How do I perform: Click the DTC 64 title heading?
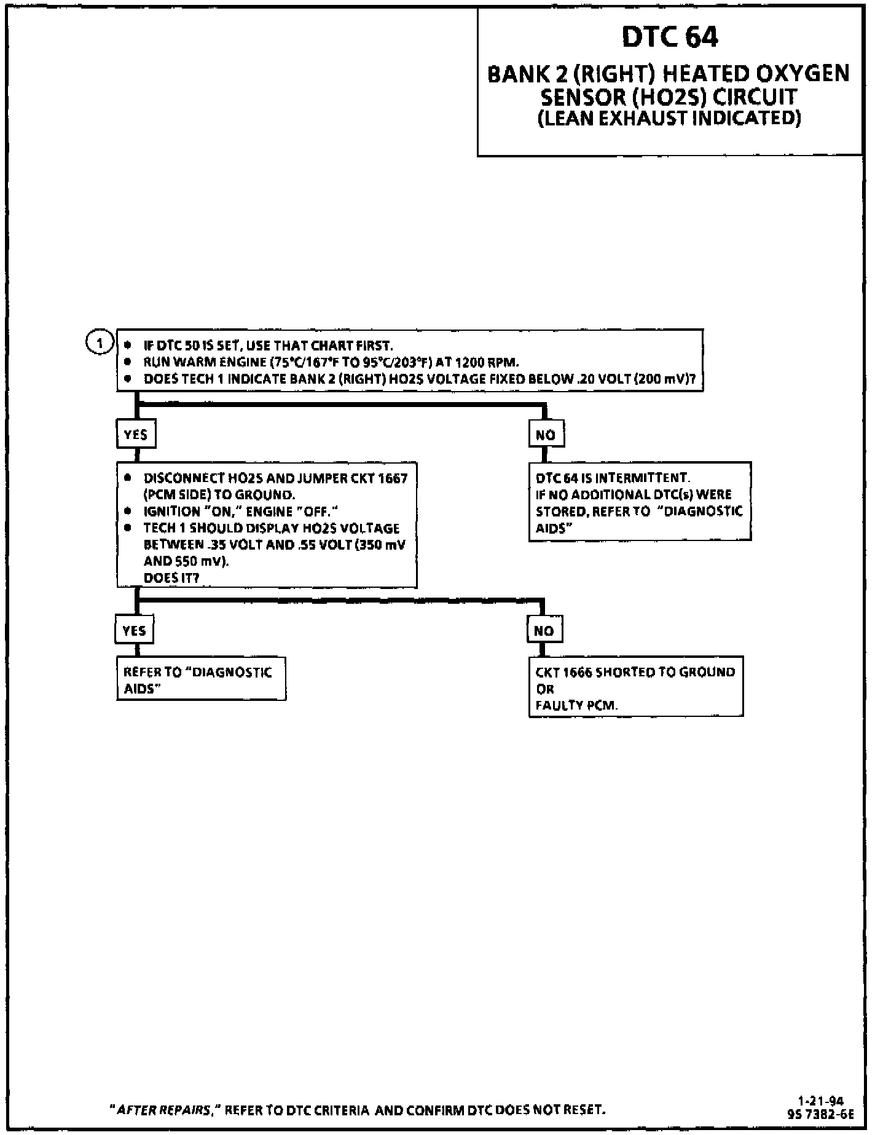tap(669, 37)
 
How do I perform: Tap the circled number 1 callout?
tap(100, 342)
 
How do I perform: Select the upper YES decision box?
tap(136, 435)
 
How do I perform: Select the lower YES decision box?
tap(135, 631)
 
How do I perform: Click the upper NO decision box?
tap(546, 435)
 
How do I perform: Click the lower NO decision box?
tap(544, 631)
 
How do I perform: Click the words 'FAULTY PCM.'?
tap(576, 705)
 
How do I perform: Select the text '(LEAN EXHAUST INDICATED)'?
tap(669, 118)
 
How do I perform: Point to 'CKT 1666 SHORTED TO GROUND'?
tap(635, 672)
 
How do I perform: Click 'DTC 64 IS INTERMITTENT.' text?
tap(613, 478)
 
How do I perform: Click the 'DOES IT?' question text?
tap(171, 578)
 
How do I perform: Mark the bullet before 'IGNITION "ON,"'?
tap(128, 511)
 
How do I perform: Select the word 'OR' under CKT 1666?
tap(545, 689)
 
